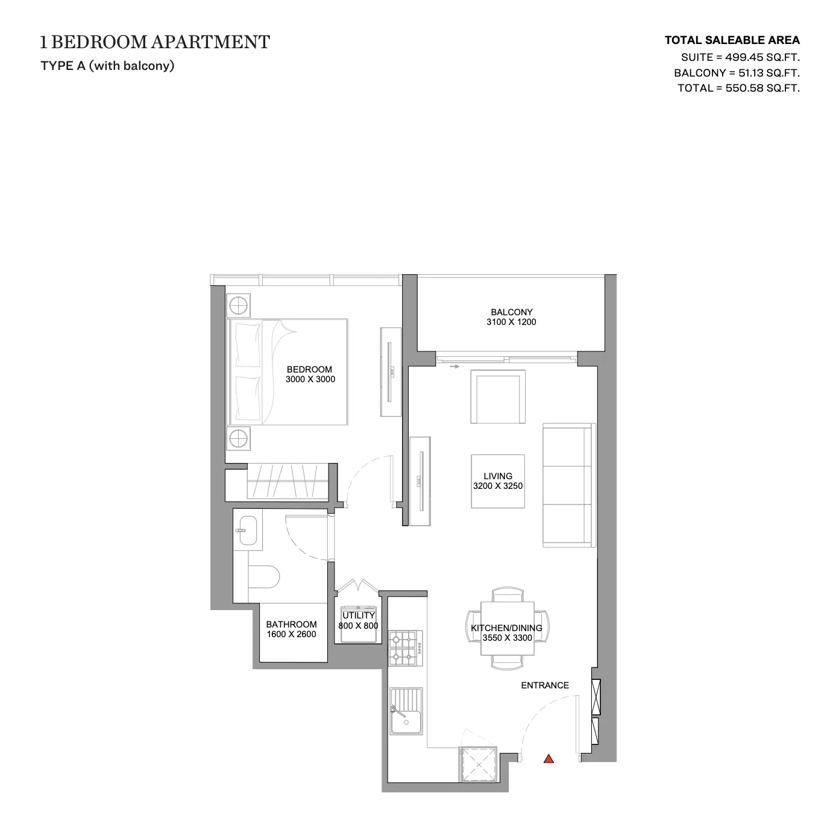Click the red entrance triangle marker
(x=549, y=760)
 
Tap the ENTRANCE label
(x=545, y=685)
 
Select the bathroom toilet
(x=263, y=576)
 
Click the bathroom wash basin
(x=247, y=530)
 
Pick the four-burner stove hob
(x=406, y=647)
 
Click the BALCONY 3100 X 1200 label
(x=511, y=317)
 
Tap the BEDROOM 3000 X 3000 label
(x=310, y=374)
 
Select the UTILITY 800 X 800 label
(x=358, y=620)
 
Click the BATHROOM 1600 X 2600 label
(x=292, y=629)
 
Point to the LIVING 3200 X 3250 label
(x=498, y=480)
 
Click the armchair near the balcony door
(x=498, y=397)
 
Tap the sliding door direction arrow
(x=454, y=367)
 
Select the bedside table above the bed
(x=238, y=306)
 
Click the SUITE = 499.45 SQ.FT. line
(x=741, y=57)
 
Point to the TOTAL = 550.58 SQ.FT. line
(x=739, y=88)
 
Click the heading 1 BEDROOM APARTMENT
(x=155, y=42)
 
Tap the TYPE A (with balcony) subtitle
(x=107, y=66)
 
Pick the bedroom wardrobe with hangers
(x=288, y=482)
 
